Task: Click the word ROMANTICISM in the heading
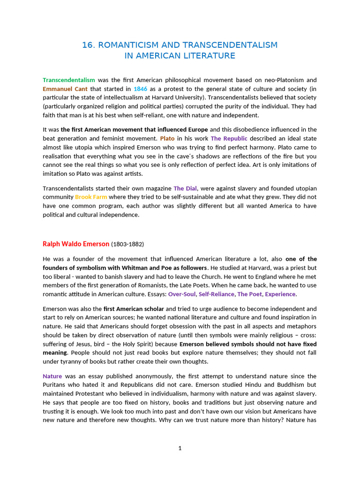125,45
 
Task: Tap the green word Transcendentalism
69,80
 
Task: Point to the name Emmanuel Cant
65,89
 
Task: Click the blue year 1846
141,89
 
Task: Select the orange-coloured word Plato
167,138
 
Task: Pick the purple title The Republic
229,138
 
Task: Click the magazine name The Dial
185,188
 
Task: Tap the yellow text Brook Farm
91,197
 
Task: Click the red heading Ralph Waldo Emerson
76,244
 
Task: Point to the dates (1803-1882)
127,244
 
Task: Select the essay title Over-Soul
182,294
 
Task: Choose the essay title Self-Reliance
216,294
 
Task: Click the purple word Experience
280,294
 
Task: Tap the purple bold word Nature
52,376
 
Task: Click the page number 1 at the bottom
180,449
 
